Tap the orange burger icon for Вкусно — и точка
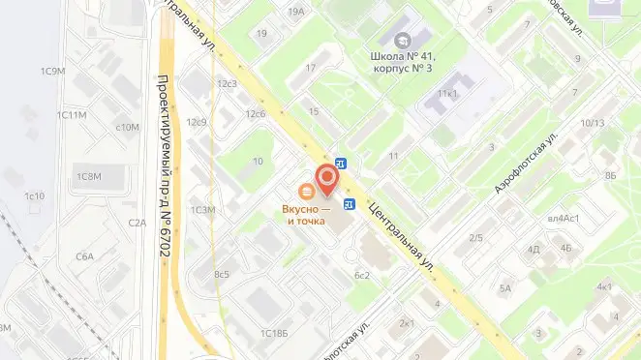(306, 191)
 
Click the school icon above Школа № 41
(403, 39)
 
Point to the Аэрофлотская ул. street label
(528, 164)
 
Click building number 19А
(296, 11)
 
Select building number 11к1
(447, 94)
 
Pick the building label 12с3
(228, 83)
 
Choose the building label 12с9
(198, 122)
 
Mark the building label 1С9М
(52, 71)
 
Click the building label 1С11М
(72, 115)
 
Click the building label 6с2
(363, 275)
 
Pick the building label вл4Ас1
(564, 219)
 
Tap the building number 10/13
(593, 123)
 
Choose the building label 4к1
(604, 286)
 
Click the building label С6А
(84, 256)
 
